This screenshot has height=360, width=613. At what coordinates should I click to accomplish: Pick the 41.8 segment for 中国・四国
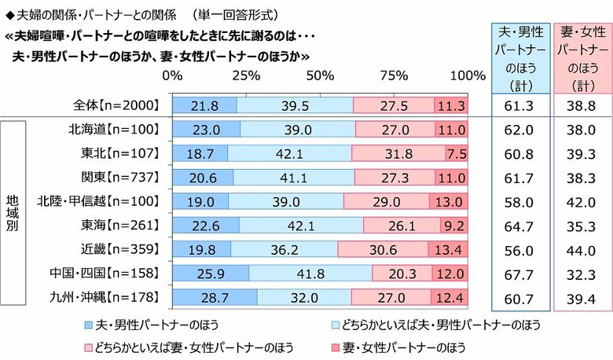pyautogui.click(x=310, y=274)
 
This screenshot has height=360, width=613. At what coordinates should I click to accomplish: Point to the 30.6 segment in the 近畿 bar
pyautogui.click(x=383, y=249)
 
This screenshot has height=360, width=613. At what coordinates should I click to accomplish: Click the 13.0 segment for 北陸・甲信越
pyautogui.click(x=448, y=201)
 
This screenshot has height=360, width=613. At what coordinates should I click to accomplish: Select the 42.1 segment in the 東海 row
pyautogui.click(x=301, y=226)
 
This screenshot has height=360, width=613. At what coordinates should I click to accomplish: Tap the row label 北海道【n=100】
pyautogui.click(x=113, y=130)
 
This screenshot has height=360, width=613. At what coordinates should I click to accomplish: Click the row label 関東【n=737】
pyautogui.click(x=119, y=178)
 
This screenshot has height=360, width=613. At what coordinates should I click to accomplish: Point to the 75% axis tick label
pyautogui.click(x=394, y=75)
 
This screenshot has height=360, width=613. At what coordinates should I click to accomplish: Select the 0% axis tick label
pyautogui.click(x=172, y=75)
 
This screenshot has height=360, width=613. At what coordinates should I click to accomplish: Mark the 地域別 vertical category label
pyautogui.click(x=24, y=213)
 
